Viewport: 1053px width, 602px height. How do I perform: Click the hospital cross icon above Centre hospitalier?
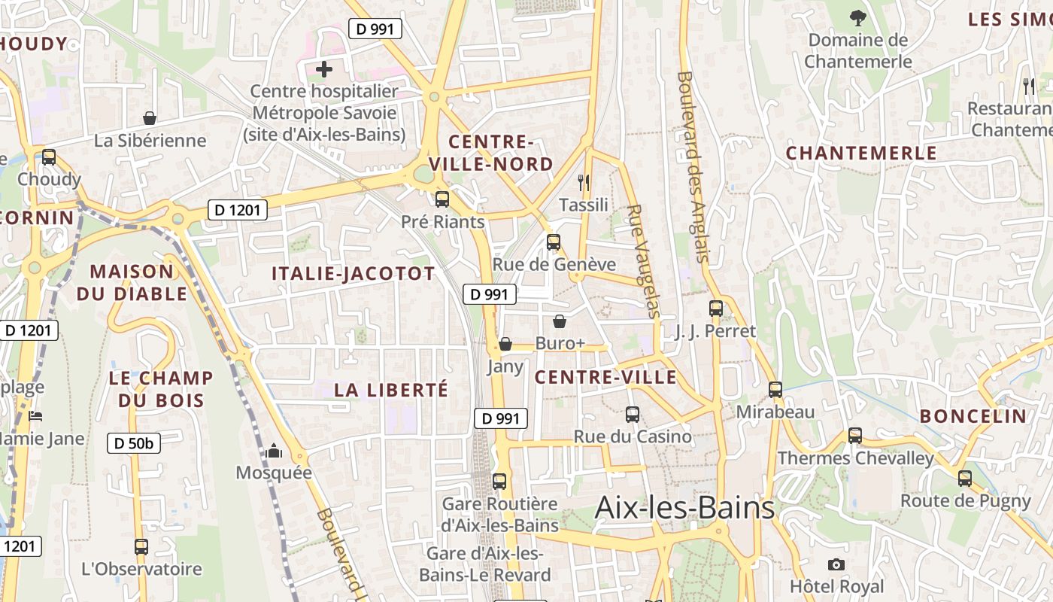click(x=323, y=69)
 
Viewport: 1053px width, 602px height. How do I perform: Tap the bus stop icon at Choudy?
click(x=49, y=157)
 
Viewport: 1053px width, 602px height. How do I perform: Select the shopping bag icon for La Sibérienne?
click(x=150, y=118)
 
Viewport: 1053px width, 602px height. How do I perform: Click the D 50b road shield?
click(x=134, y=443)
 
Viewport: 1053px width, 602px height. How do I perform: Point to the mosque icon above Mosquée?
click(x=273, y=451)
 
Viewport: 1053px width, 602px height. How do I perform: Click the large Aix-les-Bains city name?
click(x=684, y=508)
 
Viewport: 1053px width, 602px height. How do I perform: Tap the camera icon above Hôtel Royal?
click(x=836, y=564)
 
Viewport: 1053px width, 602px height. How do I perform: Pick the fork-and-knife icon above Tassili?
click(x=583, y=181)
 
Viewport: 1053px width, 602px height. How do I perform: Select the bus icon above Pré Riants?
click(x=442, y=199)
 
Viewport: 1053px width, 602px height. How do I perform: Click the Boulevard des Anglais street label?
click(x=693, y=166)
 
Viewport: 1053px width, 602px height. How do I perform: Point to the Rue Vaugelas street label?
click(x=643, y=261)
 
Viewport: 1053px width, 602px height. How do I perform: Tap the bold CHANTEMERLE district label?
click(x=861, y=154)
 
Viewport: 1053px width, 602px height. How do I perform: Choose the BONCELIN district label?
click(x=973, y=416)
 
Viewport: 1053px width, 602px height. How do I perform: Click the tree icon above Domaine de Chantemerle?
click(x=857, y=17)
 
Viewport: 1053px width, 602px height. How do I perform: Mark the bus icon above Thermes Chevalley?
click(x=855, y=436)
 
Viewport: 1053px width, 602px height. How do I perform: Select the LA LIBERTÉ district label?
click(x=390, y=390)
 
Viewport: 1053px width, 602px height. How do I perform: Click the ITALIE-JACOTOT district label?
click(x=353, y=274)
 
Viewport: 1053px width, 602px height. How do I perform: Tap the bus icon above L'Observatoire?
click(x=141, y=547)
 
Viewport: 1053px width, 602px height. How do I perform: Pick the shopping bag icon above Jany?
click(x=505, y=344)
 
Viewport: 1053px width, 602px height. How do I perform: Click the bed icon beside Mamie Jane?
click(x=35, y=416)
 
